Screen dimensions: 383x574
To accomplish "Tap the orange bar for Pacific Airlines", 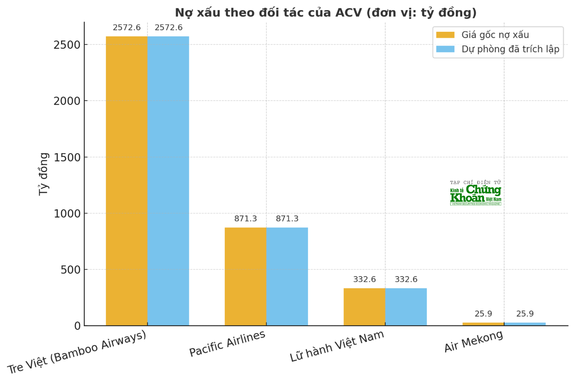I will tap(245, 276).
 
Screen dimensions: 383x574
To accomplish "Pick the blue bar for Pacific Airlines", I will tap(287, 276).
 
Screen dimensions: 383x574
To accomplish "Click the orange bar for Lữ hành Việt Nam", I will tap(364, 307).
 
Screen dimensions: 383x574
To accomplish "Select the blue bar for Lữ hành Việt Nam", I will tap(406, 307).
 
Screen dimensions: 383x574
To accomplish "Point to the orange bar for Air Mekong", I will tap(483, 324).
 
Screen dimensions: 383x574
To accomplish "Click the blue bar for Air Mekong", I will tap(525, 324).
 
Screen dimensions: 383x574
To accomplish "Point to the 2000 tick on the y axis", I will tap(67, 101).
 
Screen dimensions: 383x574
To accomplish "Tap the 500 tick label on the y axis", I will tap(70, 270).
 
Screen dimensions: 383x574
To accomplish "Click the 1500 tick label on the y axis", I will tap(67, 157).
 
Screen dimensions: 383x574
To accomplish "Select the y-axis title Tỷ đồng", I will tap(44, 174).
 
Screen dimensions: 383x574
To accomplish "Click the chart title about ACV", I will tap(325, 13).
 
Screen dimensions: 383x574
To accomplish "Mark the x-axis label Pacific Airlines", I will tap(227, 343).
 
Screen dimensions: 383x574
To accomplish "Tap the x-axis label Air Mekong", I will tap(473, 341).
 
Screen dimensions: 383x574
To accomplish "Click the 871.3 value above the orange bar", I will tap(245, 219).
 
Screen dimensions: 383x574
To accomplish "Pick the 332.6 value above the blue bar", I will tap(406, 279).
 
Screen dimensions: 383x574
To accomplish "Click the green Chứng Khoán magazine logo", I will tap(476, 193).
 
